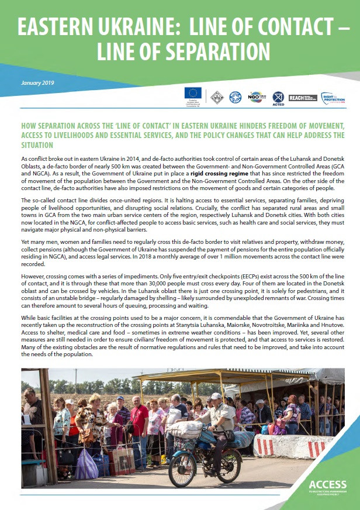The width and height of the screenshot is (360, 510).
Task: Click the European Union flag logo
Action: pos(193,92)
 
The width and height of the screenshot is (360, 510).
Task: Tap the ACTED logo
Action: pos(278,98)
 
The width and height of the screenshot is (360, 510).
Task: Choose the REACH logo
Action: pos(303,98)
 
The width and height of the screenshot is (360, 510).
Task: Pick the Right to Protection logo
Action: pos(333,98)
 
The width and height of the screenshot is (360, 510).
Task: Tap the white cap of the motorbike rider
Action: pos(216,396)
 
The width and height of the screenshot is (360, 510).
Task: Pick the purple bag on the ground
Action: pos(86,466)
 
